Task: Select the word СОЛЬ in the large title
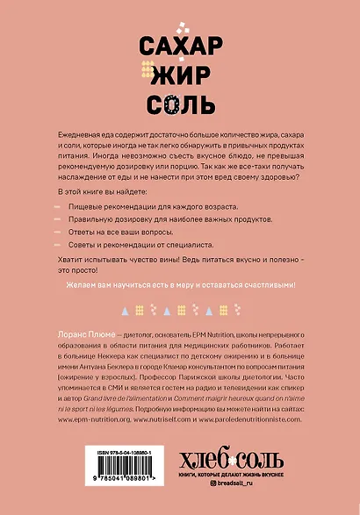[180, 106]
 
